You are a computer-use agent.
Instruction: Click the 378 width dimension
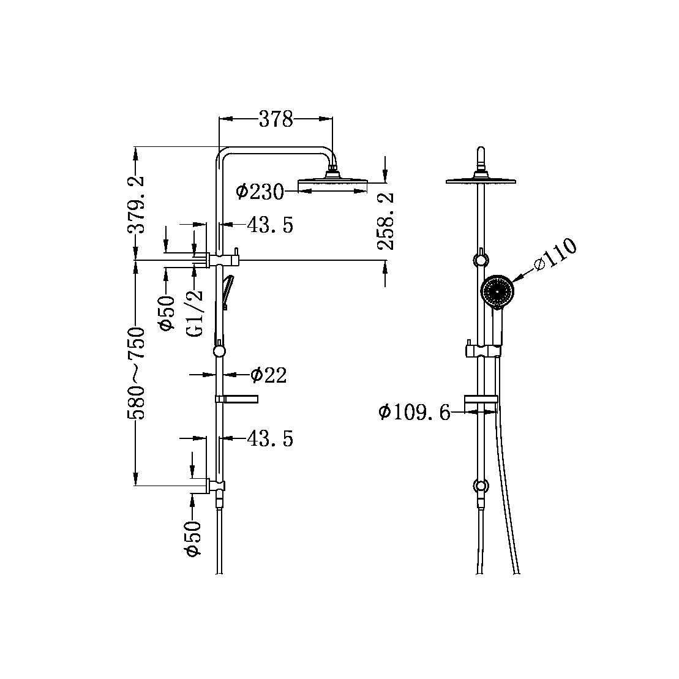tap(276, 119)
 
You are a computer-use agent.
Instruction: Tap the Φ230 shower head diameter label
tap(260, 192)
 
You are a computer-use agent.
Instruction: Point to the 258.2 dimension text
tap(386, 220)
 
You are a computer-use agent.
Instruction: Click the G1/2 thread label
tap(195, 312)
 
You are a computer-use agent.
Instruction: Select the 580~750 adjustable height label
tap(136, 373)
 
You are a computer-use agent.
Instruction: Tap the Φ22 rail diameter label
tap(268, 375)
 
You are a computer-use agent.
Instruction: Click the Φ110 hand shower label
tap(555, 255)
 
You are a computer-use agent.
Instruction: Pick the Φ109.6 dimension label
tap(414, 413)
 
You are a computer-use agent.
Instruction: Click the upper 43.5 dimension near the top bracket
tap(270, 225)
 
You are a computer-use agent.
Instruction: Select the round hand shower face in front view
tap(497, 290)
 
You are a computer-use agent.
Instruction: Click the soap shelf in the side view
tap(239, 400)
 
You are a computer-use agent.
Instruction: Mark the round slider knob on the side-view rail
tap(219, 351)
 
